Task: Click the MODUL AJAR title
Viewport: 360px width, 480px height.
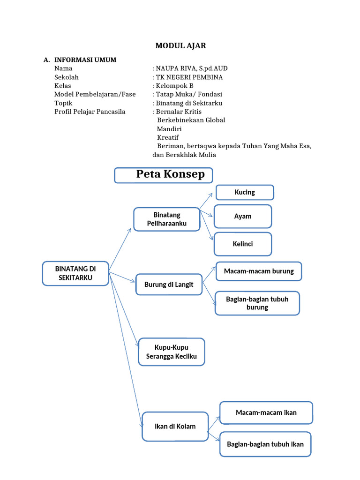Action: click(180, 45)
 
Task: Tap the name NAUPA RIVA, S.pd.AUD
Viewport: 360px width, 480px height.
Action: click(192, 68)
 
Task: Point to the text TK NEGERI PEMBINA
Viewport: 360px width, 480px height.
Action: click(189, 77)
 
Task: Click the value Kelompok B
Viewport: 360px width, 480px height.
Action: click(174, 86)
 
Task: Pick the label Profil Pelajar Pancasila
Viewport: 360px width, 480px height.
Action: click(90, 112)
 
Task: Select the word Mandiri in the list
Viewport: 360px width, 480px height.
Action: click(169, 129)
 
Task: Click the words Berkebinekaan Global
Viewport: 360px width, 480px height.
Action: click(191, 120)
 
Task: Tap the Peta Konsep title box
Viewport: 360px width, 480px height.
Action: click(164, 175)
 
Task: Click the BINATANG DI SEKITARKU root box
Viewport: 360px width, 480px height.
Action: click(75, 273)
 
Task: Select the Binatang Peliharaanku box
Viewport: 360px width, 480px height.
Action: click(167, 219)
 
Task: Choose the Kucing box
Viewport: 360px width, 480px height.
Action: click(245, 192)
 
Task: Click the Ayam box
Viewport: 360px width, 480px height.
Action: click(243, 217)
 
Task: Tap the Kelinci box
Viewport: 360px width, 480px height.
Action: click(243, 244)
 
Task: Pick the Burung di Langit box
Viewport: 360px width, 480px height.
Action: click(169, 285)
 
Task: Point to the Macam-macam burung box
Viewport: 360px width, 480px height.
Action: click(259, 271)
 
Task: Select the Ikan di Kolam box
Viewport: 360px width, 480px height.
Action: click(175, 427)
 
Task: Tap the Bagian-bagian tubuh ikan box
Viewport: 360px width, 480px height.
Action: click(265, 444)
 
